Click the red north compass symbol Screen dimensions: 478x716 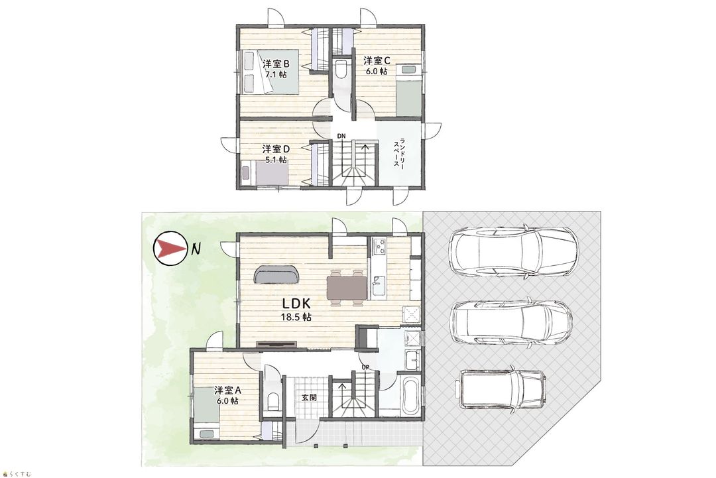[170, 249]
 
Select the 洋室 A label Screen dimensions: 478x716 [226, 390]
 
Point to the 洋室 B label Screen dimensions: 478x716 [275, 64]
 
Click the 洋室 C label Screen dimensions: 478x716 [376, 60]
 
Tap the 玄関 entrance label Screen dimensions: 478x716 [308, 398]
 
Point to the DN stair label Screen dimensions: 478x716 [341, 136]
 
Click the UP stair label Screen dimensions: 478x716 [365, 367]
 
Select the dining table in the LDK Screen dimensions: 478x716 [347, 287]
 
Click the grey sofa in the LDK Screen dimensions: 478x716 [276, 272]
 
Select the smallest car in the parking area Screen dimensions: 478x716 [502, 388]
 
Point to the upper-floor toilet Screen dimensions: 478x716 [341, 69]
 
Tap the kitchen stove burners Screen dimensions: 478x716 [381, 246]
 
